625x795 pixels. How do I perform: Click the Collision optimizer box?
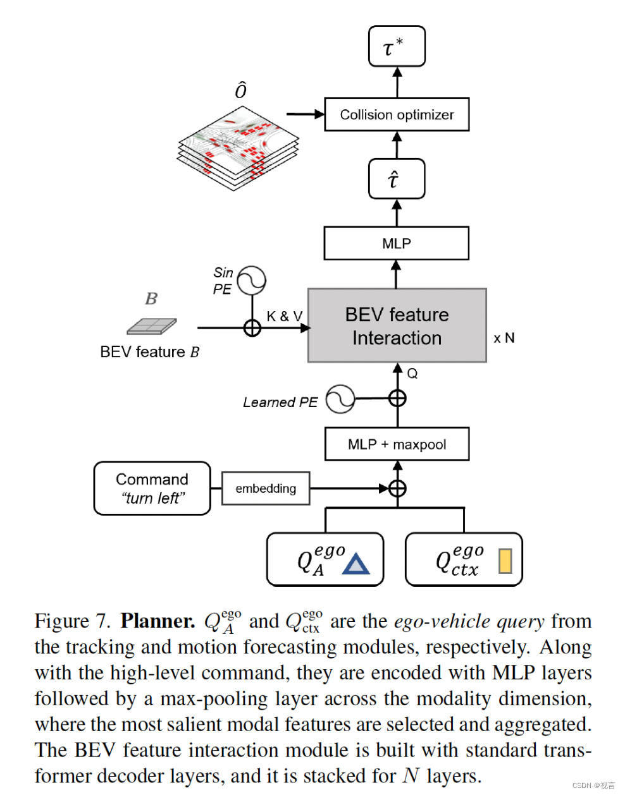click(x=397, y=114)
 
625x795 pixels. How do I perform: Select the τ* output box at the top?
click(x=397, y=46)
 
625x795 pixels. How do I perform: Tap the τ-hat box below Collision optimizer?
click(x=397, y=179)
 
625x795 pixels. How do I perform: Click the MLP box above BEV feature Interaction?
click(x=397, y=243)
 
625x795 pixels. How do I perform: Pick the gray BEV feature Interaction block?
click(x=397, y=325)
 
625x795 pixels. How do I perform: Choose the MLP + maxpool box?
click(x=397, y=444)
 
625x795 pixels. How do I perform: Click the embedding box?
click(x=266, y=489)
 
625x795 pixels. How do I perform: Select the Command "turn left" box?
click(x=152, y=489)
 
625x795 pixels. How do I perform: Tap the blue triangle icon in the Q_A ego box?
click(x=356, y=564)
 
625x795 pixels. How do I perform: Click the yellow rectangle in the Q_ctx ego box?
click(x=505, y=561)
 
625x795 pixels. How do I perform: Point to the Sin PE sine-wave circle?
click(x=251, y=280)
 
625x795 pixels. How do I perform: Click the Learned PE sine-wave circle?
click(x=340, y=399)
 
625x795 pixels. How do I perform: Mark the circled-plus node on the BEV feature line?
click(x=252, y=328)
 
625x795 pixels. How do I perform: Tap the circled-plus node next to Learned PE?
click(x=397, y=398)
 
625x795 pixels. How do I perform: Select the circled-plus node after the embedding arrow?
click(x=397, y=489)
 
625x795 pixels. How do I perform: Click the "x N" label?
click(x=504, y=339)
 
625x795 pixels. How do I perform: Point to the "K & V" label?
click(x=284, y=316)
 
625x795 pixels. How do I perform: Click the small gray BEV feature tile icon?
click(x=152, y=326)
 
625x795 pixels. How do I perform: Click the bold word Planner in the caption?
click(x=158, y=621)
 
